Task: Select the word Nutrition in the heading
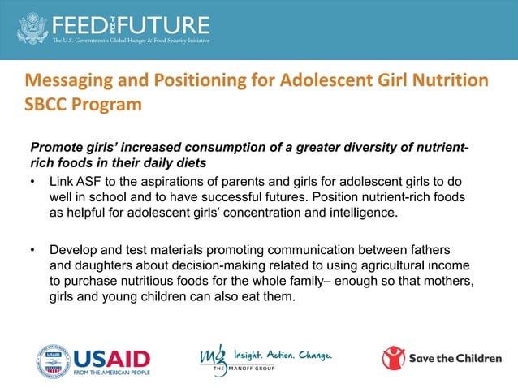click(x=449, y=80)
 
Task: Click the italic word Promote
click(x=58, y=147)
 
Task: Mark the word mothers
click(x=446, y=281)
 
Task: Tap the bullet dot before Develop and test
click(x=33, y=248)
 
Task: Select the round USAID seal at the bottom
click(x=52, y=359)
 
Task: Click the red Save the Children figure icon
click(x=394, y=358)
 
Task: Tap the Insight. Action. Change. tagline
click(x=283, y=354)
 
